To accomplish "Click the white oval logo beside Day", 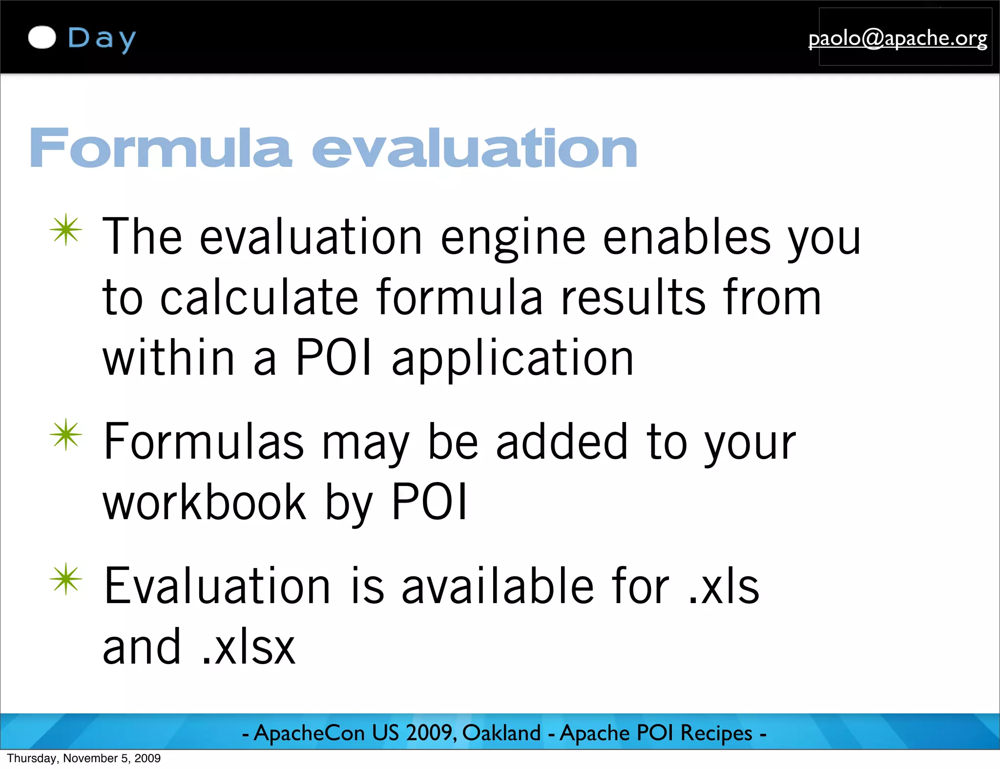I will coord(42,38).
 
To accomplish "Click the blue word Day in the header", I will coord(102,39).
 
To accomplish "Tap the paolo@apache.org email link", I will coord(897,38).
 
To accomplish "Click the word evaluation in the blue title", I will coord(474,148).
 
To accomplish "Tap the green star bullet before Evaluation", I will coord(66,579).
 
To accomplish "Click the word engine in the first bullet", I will coord(513,238).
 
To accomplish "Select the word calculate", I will coord(259,298).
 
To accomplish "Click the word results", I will coord(633,298).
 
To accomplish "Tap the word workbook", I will coord(204,503).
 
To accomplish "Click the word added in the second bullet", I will coord(562,442).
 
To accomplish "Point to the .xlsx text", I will coord(248,647).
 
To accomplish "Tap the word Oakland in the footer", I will coord(501,733).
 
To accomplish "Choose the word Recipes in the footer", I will coord(716,733).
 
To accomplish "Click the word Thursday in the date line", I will coord(32,758).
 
